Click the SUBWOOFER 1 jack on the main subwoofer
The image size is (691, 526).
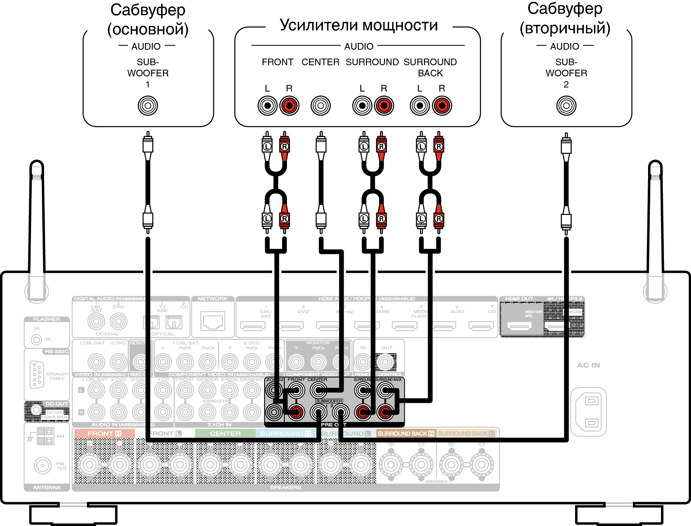click(148, 106)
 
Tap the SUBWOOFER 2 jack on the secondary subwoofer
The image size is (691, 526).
click(566, 106)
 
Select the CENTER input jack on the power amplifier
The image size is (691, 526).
click(321, 106)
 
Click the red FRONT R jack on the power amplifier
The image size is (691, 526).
click(289, 106)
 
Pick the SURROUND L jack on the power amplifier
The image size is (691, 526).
click(362, 106)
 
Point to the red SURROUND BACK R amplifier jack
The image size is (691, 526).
click(442, 106)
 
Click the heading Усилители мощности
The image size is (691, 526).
click(359, 26)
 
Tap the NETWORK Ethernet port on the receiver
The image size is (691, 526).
click(213, 321)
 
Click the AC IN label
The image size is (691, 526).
click(588, 365)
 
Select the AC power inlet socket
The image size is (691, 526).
click(588, 412)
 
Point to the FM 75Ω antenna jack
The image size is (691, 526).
click(43, 466)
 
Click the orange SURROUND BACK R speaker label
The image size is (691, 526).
click(406, 433)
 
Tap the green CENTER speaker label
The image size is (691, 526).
click(225, 433)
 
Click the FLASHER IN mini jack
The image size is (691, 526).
click(36, 339)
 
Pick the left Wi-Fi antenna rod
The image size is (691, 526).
click(37, 222)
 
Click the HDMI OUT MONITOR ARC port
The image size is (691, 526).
click(520, 326)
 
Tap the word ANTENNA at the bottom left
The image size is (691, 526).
click(47, 487)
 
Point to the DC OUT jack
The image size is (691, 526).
click(36, 410)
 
